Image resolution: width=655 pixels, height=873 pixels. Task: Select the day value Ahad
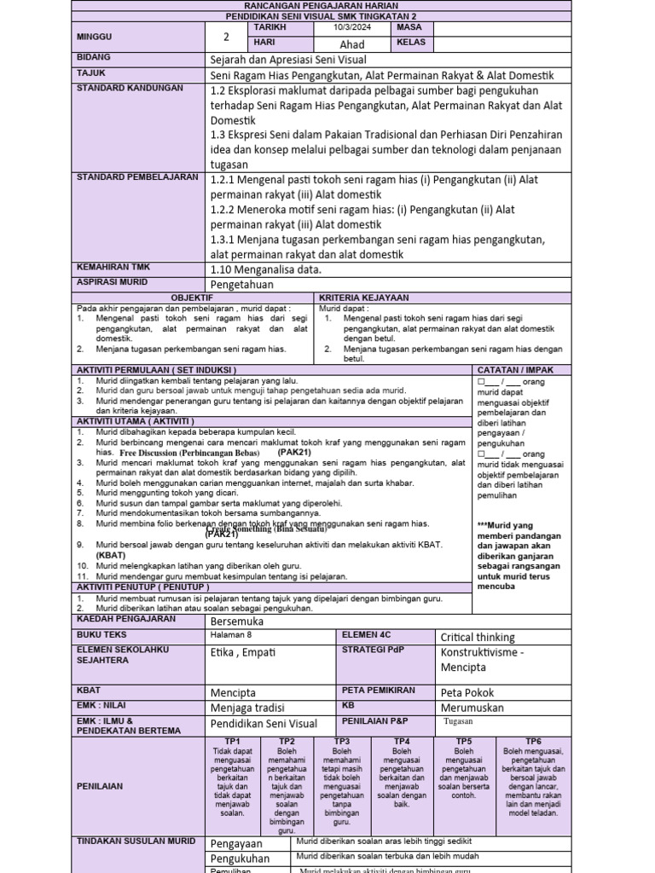(352, 44)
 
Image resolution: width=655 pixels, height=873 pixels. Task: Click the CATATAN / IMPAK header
(516, 369)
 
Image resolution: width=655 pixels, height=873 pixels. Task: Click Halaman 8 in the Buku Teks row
(231, 635)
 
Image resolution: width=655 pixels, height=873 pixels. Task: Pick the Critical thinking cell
(478, 637)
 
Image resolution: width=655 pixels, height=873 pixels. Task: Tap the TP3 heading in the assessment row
(342, 741)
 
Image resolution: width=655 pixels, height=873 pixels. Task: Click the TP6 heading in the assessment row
(533, 741)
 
